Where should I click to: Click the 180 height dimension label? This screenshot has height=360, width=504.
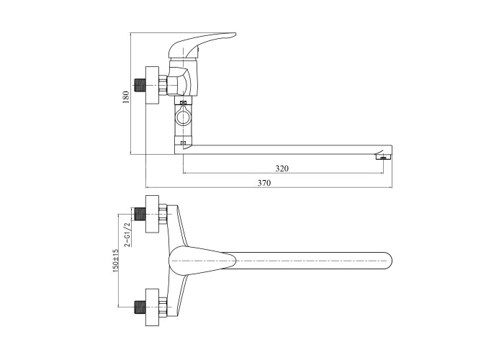[126, 97]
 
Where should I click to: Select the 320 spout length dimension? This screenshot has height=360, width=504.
[282, 168]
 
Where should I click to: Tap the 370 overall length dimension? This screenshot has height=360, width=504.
[264, 183]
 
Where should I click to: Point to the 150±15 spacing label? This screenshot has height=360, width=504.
[116, 261]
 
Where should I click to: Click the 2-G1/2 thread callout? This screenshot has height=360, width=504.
[127, 234]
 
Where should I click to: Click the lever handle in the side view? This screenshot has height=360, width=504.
[202, 45]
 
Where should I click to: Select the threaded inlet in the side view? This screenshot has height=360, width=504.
[139, 85]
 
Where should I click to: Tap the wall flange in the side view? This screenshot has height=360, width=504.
[153, 85]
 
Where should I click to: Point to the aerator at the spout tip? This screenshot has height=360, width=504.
[382, 157]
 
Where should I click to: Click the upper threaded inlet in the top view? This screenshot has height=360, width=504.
[140, 214]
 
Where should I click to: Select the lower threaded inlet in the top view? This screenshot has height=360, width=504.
[140, 307]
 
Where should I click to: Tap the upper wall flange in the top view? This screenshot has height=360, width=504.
[153, 214]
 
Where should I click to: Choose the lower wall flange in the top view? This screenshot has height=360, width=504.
[153, 307]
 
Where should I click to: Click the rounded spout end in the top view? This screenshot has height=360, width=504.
[387, 261]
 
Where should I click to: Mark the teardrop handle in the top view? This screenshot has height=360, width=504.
[202, 261]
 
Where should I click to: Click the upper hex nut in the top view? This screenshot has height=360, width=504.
[163, 214]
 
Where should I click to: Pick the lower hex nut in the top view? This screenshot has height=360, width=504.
[163, 307]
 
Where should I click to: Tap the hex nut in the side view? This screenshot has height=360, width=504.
[163, 85]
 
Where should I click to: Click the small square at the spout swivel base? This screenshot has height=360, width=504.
[183, 143]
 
